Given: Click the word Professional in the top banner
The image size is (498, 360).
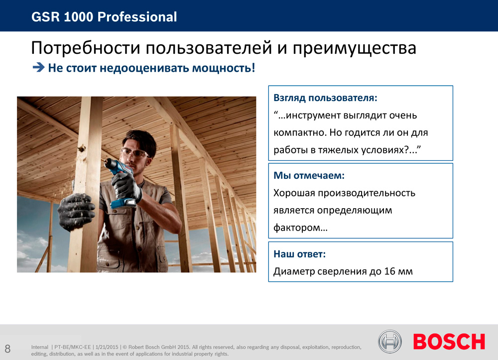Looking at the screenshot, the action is [x=137, y=17].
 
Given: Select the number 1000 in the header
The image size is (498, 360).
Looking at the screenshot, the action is [x=79, y=17].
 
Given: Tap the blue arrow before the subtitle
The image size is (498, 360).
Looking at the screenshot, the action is [x=38, y=67].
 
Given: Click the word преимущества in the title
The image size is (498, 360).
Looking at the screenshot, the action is [x=354, y=49].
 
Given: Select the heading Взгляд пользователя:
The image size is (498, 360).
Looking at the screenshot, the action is [x=326, y=98].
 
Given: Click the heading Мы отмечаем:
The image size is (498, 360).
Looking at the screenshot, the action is [x=309, y=175].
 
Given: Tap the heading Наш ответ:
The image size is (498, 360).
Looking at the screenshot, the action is [x=299, y=254].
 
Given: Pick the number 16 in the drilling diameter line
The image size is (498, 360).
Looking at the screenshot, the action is [x=390, y=271].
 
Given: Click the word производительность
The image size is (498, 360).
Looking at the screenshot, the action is [x=367, y=193].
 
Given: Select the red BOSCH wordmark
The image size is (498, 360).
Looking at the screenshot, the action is [x=449, y=342].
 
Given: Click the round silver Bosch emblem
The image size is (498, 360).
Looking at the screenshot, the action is [x=390, y=342].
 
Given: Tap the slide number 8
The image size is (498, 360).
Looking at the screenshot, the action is [x=7, y=349].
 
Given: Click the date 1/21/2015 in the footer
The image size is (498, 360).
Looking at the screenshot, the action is [x=107, y=347].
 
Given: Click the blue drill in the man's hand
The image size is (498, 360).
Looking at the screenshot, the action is [x=123, y=183].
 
